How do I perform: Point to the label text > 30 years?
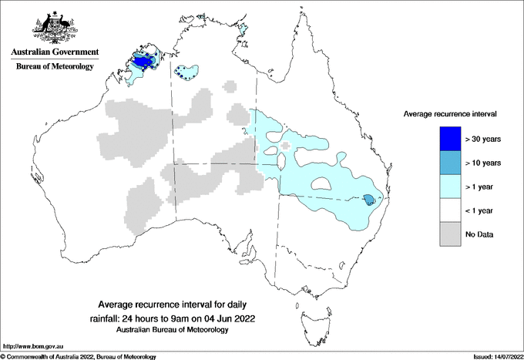pos(483,140)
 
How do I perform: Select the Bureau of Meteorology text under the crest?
pos(54,67)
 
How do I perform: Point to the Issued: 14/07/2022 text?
pos(491,356)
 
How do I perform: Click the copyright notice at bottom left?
pos(79,356)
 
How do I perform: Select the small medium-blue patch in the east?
pos(369,200)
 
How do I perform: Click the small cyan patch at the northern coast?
pos(244,30)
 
